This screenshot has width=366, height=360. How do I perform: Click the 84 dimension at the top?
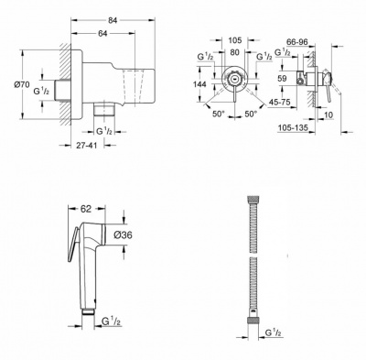pos(113,20)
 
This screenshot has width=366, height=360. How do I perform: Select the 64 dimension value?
pos(102,33)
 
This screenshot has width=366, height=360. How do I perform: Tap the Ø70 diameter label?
pos(21,84)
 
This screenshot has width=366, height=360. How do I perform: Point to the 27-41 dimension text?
pos(86,146)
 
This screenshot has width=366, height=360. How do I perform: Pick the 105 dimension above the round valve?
pos(235,40)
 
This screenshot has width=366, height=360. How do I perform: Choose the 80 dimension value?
pos(234,52)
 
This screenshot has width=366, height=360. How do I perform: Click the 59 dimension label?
pos(283,79)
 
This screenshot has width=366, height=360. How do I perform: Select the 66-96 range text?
pos(296,42)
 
